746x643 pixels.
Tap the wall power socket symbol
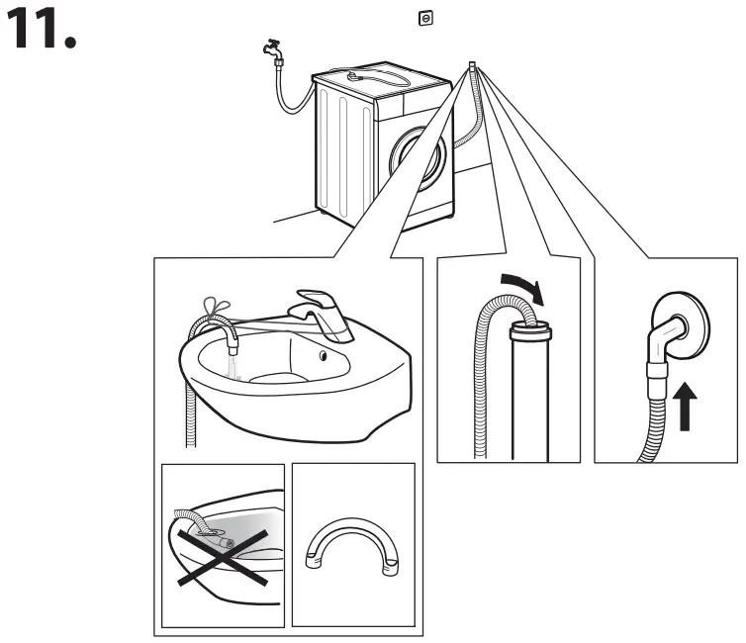click(425, 18)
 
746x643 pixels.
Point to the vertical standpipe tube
click(529, 396)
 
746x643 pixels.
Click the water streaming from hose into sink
click(234, 366)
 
